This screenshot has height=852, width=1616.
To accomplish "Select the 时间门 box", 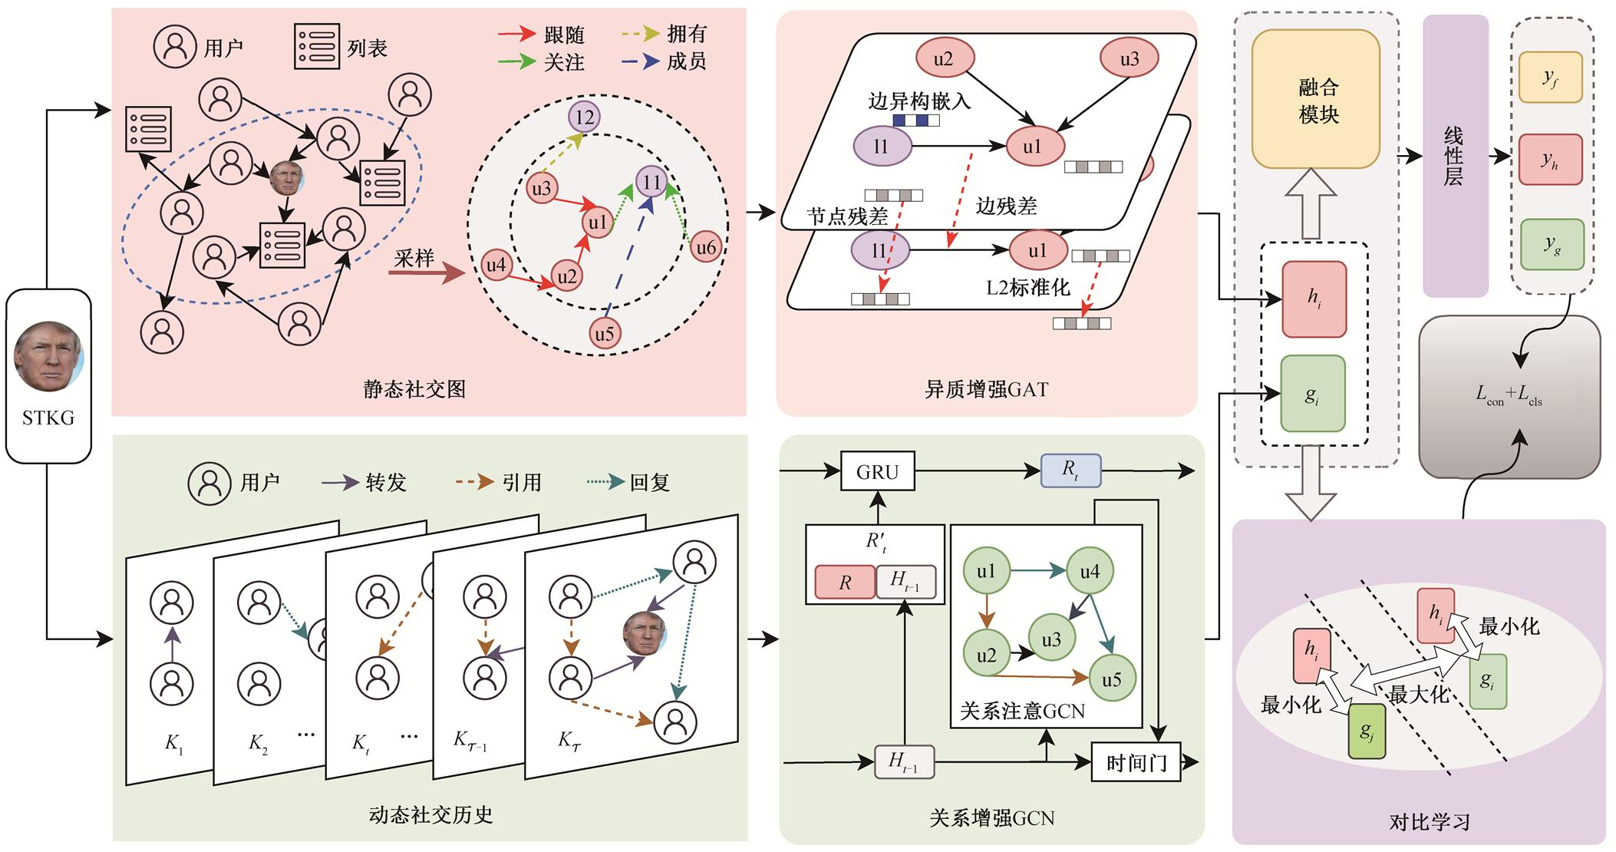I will [x=1136, y=762].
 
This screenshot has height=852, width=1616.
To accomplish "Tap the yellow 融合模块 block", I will [x=1315, y=100].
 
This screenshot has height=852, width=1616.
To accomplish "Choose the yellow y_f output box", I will [x=1550, y=78].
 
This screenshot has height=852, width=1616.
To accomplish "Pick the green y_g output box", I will [x=1552, y=244].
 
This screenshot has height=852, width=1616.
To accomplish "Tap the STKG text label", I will [x=48, y=418].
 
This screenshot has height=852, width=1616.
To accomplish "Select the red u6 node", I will [x=705, y=247].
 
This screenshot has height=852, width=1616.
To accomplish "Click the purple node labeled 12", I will [x=585, y=117].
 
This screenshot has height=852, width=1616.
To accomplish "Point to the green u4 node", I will [x=1090, y=571].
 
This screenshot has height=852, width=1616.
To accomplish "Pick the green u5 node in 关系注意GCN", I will [x=1111, y=679].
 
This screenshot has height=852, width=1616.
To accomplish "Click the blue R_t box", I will [x=1070, y=471].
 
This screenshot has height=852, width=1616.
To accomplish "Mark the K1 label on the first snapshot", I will [x=173, y=743].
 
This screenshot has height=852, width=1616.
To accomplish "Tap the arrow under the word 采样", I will [x=427, y=272].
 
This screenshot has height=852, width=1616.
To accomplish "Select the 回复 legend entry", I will [x=628, y=482].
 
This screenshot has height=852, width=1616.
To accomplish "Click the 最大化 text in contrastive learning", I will [x=1418, y=694].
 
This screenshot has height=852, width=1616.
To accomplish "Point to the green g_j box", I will [x=1367, y=731].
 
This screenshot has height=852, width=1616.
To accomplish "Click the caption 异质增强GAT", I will [x=986, y=389].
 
